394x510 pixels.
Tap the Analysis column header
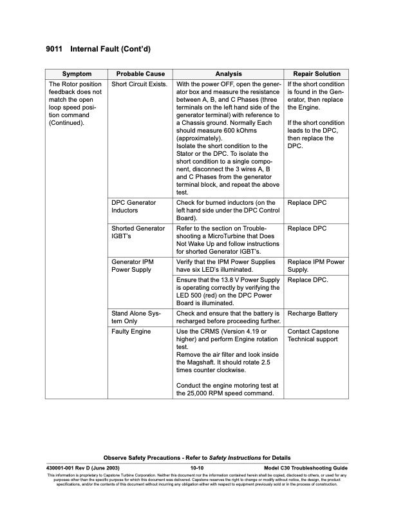[x=229, y=73]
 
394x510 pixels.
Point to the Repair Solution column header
[x=316, y=73]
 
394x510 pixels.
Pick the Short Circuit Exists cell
[x=140, y=84]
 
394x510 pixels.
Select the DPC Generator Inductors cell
[x=134, y=207]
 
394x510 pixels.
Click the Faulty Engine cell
[x=131, y=331]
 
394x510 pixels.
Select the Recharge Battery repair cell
[x=312, y=314]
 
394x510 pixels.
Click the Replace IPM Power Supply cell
[x=316, y=267]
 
